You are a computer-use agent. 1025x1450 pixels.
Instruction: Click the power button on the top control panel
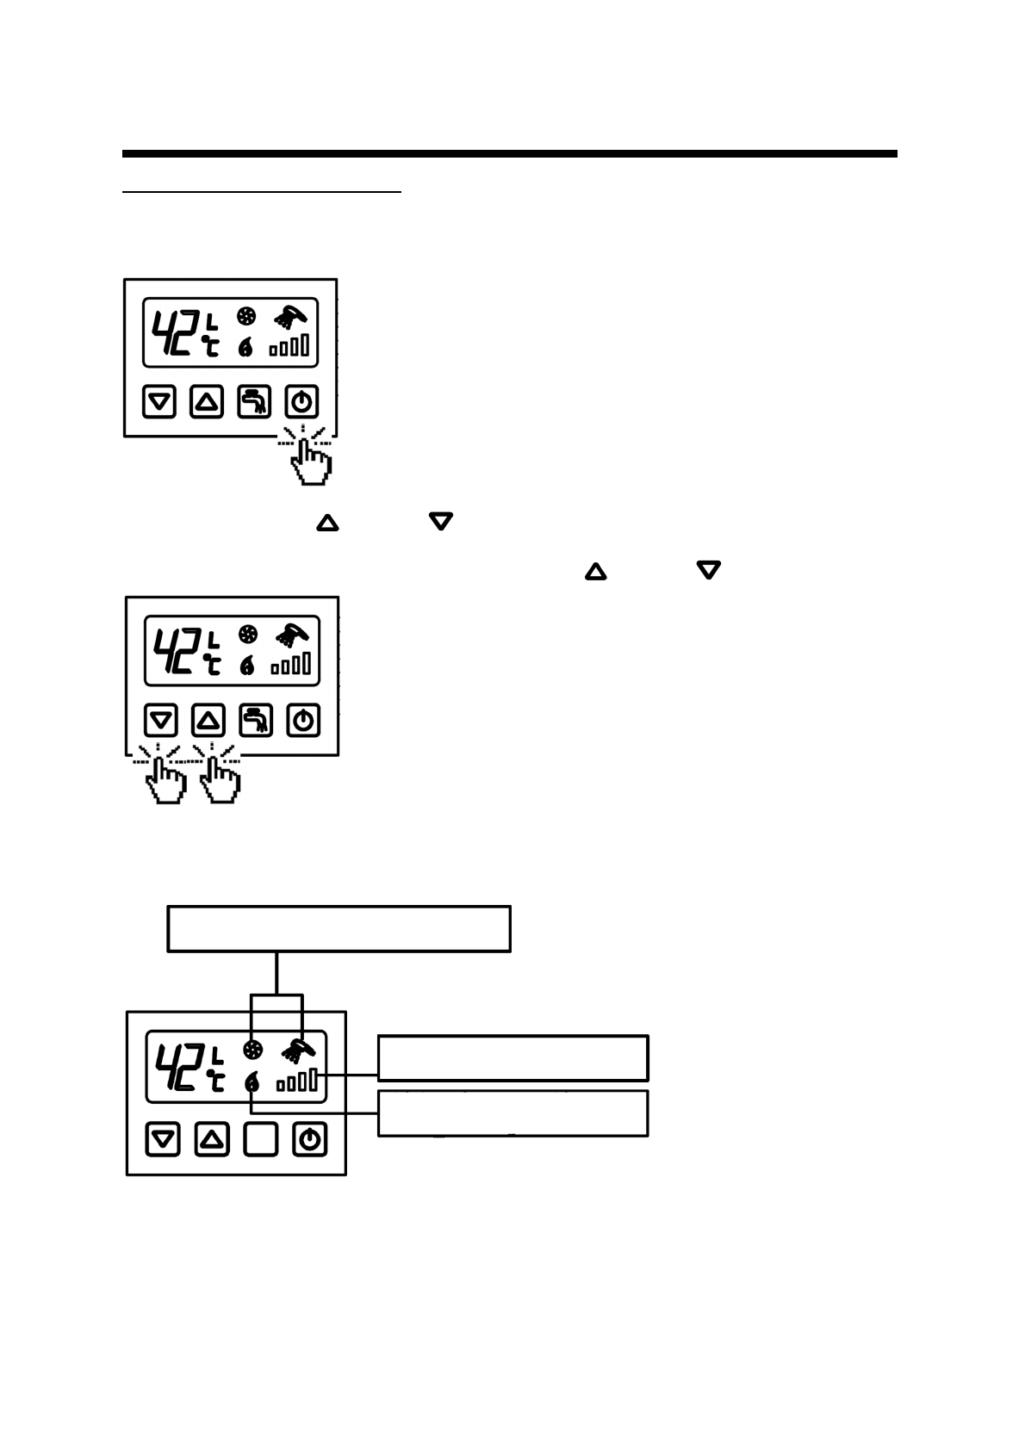301,401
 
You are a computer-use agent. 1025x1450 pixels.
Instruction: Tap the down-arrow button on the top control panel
158,401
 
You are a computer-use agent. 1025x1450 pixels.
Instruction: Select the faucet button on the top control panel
254,401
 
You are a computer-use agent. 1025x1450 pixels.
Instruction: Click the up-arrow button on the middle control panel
208,720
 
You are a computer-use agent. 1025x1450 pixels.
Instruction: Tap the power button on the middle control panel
303,720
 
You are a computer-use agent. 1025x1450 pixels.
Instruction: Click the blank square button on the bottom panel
261,1139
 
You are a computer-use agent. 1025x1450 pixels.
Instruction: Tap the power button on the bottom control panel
310,1139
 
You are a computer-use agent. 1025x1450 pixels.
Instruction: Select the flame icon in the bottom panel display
252,1082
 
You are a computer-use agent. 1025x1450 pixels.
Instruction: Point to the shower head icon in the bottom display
299,1050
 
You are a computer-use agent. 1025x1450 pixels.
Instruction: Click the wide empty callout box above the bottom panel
339,928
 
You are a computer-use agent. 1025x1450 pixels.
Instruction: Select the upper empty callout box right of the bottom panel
512,1057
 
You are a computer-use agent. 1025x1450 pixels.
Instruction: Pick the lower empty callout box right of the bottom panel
512,1113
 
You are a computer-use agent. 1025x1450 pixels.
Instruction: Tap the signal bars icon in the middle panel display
292,664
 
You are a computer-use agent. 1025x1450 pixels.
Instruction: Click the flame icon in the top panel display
246,347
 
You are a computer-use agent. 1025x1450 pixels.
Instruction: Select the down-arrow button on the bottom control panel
163,1139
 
